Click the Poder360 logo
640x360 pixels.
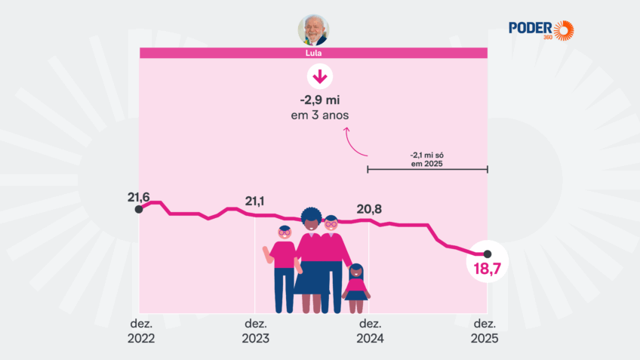pyautogui.click(x=541, y=29)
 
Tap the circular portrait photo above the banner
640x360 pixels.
pyautogui.click(x=313, y=30)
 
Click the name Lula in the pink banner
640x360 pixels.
pyautogui.click(x=313, y=54)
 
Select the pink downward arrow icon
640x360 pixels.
pyautogui.click(x=319, y=77)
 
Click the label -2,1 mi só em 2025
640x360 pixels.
pyautogui.click(x=427, y=158)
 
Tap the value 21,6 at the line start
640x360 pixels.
pyautogui.click(x=139, y=198)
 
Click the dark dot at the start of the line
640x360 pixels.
pyautogui.click(x=138, y=209)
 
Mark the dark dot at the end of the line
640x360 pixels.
pyautogui.click(x=488, y=254)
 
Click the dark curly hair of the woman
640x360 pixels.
pyautogui.click(x=311, y=217)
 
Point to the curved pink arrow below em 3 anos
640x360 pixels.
pyautogui.click(x=355, y=140)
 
